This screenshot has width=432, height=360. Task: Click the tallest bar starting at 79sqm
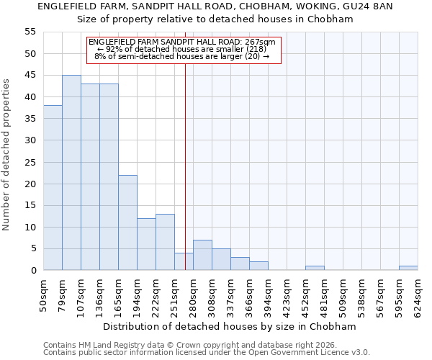click(x=71, y=173)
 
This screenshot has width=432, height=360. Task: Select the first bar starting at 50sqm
click(x=53, y=188)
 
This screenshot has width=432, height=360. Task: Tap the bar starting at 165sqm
click(x=127, y=222)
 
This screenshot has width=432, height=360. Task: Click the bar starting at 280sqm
click(x=202, y=255)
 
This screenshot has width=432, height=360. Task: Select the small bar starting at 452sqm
click(x=315, y=268)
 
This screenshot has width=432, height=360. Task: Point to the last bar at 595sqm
click(x=408, y=268)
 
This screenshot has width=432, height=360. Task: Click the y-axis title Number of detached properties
click(x=7, y=155)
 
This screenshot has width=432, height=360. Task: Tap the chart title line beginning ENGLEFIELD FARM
click(x=215, y=6)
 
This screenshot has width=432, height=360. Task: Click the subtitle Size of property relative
click(x=215, y=19)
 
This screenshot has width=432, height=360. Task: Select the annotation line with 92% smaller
click(x=182, y=49)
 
